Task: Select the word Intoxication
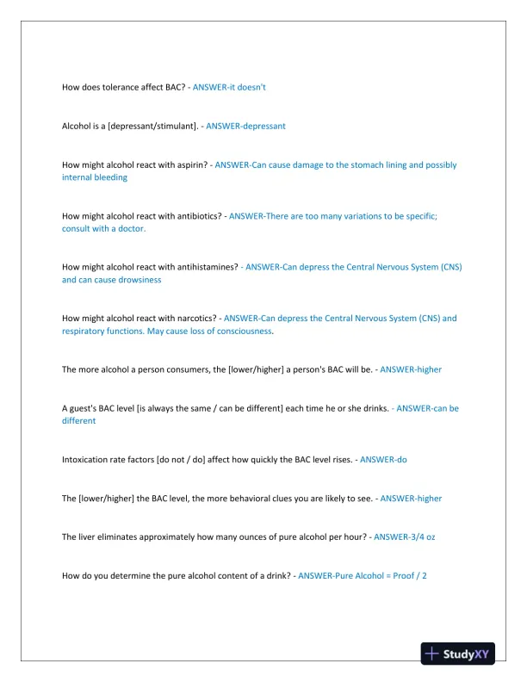[x=87, y=460]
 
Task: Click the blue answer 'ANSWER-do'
[x=383, y=460]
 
